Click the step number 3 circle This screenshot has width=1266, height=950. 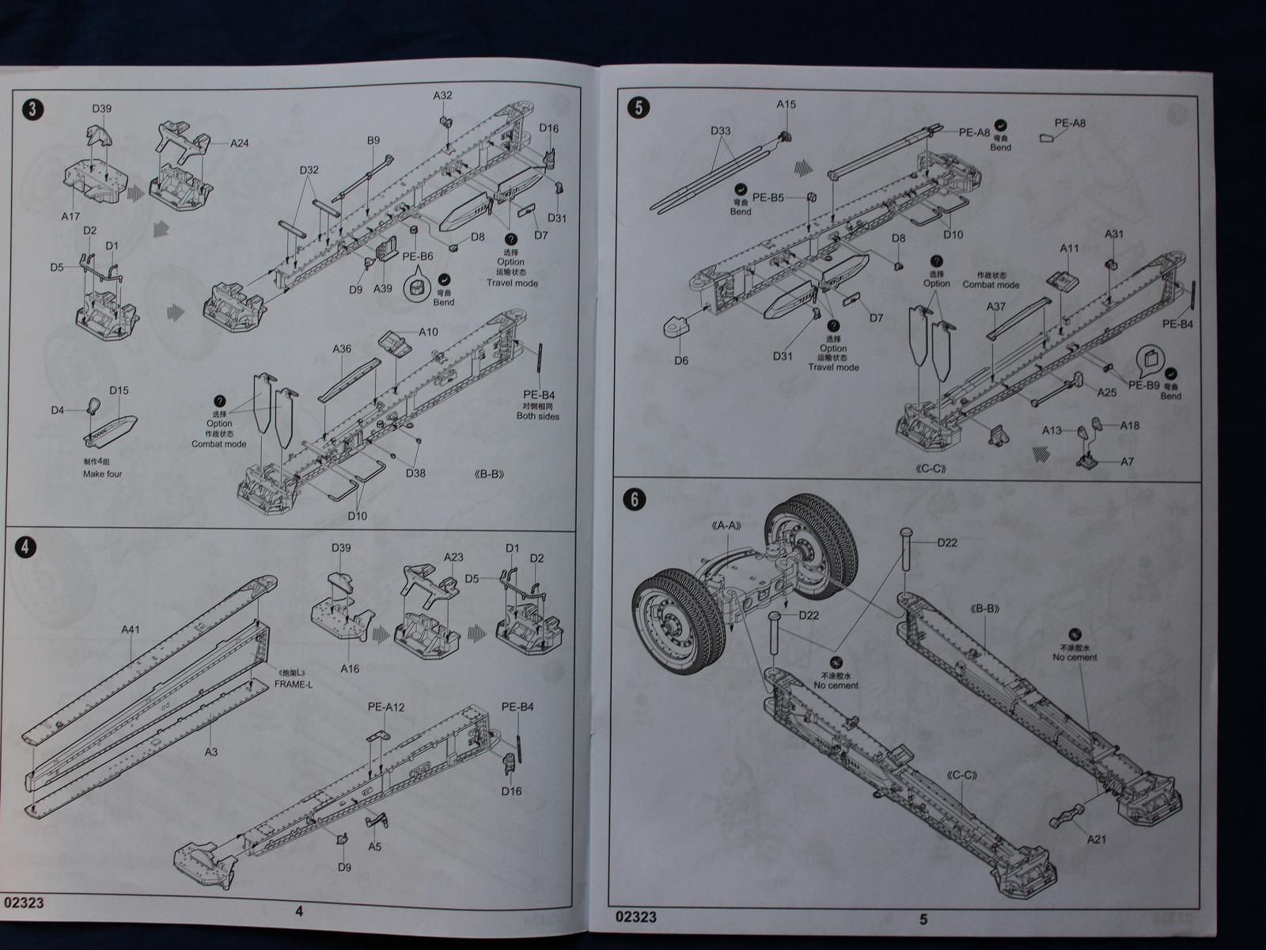[x=30, y=110]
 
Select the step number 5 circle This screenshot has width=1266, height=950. [x=638, y=108]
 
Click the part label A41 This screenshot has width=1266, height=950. [x=131, y=630]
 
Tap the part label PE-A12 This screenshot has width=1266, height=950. [x=386, y=707]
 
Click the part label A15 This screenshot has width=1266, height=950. [x=786, y=104]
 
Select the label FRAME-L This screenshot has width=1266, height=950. [x=294, y=684]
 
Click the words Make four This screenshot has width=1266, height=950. [x=103, y=474]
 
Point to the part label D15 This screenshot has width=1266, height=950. [x=119, y=391]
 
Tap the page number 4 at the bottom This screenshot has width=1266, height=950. [x=299, y=911]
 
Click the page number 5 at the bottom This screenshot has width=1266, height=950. [x=923, y=919]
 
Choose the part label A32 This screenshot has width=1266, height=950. [x=442, y=96]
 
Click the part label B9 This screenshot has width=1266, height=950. [x=373, y=141]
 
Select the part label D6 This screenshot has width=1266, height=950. [x=681, y=360]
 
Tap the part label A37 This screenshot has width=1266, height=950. [x=996, y=307]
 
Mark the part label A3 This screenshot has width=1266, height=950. [x=210, y=751]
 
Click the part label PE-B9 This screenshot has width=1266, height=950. [x=1143, y=385]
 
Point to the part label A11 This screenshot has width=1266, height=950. [x=1070, y=249]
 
